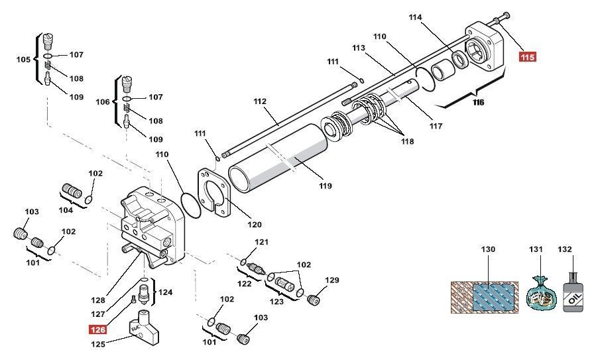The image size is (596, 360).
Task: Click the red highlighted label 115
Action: click(x=528, y=57)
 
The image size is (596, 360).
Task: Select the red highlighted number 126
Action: click(x=97, y=330)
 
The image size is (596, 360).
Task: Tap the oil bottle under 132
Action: click(x=572, y=292)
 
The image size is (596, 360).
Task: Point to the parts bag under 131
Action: click(x=540, y=294)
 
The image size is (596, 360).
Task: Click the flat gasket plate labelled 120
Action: click(x=214, y=192)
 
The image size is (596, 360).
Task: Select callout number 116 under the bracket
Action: click(x=479, y=102)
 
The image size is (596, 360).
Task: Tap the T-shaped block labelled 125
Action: click(x=144, y=327)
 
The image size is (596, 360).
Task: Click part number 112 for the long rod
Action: click(x=261, y=101)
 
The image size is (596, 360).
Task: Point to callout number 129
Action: click(x=332, y=280)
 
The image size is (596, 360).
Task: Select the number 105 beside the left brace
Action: click(x=23, y=60)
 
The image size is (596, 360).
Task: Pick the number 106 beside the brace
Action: click(x=103, y=102)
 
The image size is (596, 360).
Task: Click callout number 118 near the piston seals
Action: click(x=408, y=141)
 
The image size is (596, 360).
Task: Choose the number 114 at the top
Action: click(x=416, y=17)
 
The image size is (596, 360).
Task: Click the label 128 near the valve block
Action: click(x=97, y=300)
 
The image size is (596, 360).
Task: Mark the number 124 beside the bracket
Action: click(x=165, y=292)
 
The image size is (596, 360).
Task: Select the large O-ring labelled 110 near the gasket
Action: click(x=190, y=206)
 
